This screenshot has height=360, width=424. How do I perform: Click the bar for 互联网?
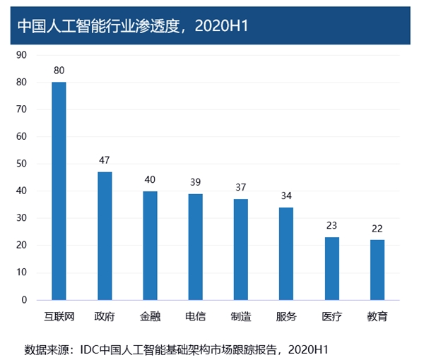[59, 191]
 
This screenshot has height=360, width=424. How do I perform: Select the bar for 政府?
[105, 236]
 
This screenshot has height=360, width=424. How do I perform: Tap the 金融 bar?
[150, 246]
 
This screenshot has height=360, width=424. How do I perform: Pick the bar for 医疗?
[332, 269]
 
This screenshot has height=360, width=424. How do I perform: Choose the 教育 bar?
[377, 270]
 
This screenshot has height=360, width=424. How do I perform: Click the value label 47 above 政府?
[105, 160]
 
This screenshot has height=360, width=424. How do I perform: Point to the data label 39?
[196, 182]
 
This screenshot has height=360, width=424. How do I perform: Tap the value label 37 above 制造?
[241, 188]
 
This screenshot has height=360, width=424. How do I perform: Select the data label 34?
[286, 196]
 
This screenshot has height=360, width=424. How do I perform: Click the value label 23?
[332, 225]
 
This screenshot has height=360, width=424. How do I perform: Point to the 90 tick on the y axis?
[21, 55]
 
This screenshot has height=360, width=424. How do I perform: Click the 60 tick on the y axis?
[21, 137]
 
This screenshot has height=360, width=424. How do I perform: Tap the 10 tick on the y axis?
[21, 272]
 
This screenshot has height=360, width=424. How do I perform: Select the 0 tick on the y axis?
[24, 300]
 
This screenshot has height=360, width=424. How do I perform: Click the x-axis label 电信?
[196, 316]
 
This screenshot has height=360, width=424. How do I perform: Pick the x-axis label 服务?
[286, 316]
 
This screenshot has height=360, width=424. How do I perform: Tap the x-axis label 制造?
[241, 316]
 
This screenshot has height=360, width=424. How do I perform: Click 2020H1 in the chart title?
[221, 26]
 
